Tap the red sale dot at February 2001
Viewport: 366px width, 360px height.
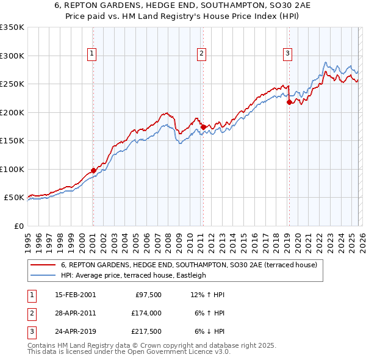[93, 170]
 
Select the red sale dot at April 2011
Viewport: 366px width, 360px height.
[203, 127]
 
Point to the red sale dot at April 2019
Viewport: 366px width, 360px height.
[289, 103]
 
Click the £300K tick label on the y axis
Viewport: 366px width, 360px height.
[12, 56]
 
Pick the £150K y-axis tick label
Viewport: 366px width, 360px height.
[12, 141]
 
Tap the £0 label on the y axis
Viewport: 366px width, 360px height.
[18, 226]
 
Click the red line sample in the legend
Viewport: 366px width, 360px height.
[43, 265]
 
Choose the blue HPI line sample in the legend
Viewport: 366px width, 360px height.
[43, 276]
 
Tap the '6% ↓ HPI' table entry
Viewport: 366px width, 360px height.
[209, 331]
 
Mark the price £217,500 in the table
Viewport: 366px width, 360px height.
[146, 331]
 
